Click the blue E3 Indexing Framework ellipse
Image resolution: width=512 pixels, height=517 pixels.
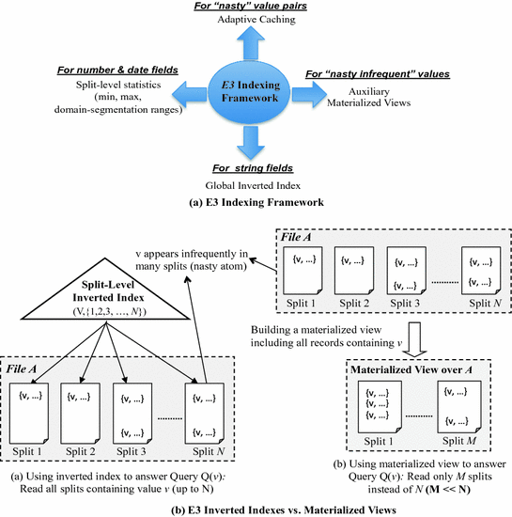tap(249, 92)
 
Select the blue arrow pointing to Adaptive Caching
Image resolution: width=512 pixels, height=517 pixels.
tap(251, 43)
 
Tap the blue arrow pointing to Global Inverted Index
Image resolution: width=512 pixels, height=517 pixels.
tap(251, 143)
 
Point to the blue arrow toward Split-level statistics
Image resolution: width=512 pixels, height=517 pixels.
tap(190, 94)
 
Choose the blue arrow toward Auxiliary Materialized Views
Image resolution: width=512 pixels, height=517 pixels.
tap(309, 94)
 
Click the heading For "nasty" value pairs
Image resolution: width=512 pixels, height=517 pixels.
tap(251, 6)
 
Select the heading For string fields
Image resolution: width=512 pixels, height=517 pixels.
tap(253, 168)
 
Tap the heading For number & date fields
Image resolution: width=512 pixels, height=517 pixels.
tap(117, 70)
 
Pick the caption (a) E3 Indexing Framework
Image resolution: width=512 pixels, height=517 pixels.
tap(256, 202)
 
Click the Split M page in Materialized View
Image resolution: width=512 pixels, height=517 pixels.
tap(459, 407)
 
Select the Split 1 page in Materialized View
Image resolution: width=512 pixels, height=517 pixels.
tap(380, 407)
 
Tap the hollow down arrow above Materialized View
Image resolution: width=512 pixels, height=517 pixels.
tap(415, 339)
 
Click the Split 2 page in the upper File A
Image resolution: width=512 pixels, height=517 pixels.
tap(354, 271)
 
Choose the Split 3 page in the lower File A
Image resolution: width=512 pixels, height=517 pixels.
tap(132, 414)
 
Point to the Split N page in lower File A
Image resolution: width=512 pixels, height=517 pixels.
tap(205, 414)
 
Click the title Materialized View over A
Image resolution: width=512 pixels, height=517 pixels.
tap(411, 369)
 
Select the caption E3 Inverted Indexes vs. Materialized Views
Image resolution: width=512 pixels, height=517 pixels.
tap(284, 509)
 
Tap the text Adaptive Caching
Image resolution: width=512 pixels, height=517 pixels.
tap(256, 19)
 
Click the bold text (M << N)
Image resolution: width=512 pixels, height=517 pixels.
tap(448, 489)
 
